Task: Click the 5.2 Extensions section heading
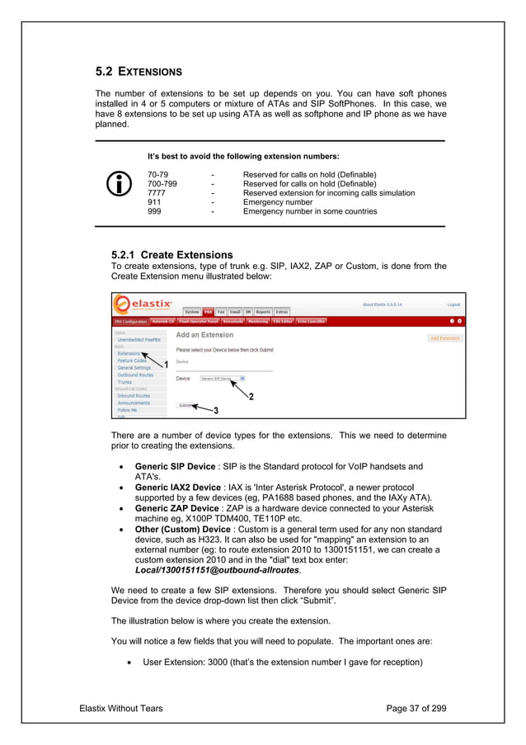139,72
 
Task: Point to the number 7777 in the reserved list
157,193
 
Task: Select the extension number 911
154,202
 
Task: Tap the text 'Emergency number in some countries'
309,211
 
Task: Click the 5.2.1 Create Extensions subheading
171,255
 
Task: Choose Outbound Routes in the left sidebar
136,375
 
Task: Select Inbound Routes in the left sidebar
134,395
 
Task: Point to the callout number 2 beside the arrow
251,397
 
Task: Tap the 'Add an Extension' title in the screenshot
205,335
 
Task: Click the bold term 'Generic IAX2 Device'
177,488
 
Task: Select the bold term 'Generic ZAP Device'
176,509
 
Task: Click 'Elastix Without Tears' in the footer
120,708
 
